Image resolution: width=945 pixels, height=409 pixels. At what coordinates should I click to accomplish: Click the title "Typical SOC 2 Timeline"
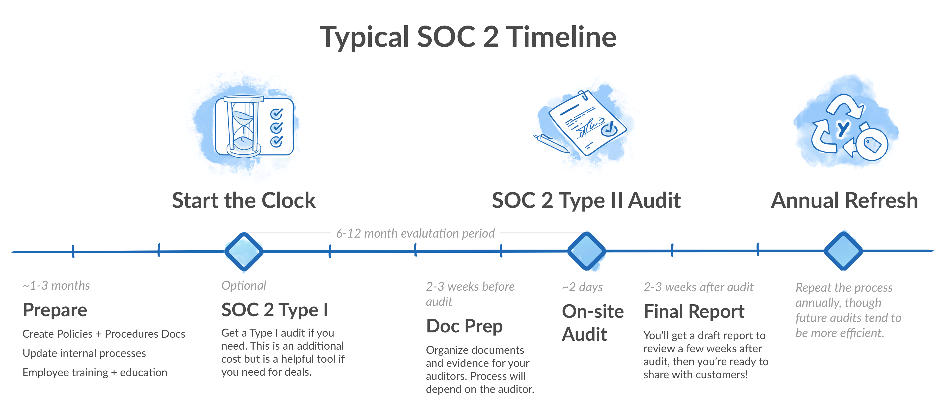pos(468,37)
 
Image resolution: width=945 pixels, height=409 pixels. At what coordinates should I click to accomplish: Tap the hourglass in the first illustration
pos(243,127)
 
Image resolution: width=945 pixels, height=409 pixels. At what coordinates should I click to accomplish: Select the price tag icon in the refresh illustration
pos(873,145)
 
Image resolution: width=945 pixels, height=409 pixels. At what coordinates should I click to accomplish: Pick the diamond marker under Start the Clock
pos(244,251)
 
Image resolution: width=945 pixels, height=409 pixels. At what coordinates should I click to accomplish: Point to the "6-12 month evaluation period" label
pos(415,233)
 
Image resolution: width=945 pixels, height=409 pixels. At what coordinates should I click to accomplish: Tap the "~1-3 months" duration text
pos(56,285)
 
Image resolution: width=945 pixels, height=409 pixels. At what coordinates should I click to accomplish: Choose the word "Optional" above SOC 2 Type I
pos(244,285)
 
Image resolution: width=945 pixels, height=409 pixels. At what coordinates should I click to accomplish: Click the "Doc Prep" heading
pos(464,326)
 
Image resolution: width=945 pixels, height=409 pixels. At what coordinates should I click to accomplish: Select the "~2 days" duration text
pos(582,287)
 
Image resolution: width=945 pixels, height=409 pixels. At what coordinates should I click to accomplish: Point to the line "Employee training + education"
pos(95,372)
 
